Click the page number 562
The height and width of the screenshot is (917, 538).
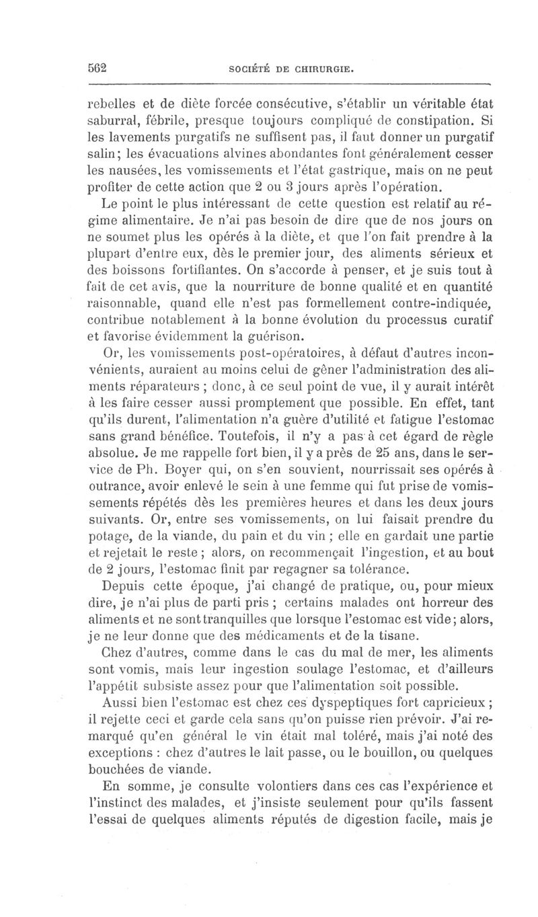tap(99, 68)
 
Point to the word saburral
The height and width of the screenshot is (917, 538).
tap(118, 123)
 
